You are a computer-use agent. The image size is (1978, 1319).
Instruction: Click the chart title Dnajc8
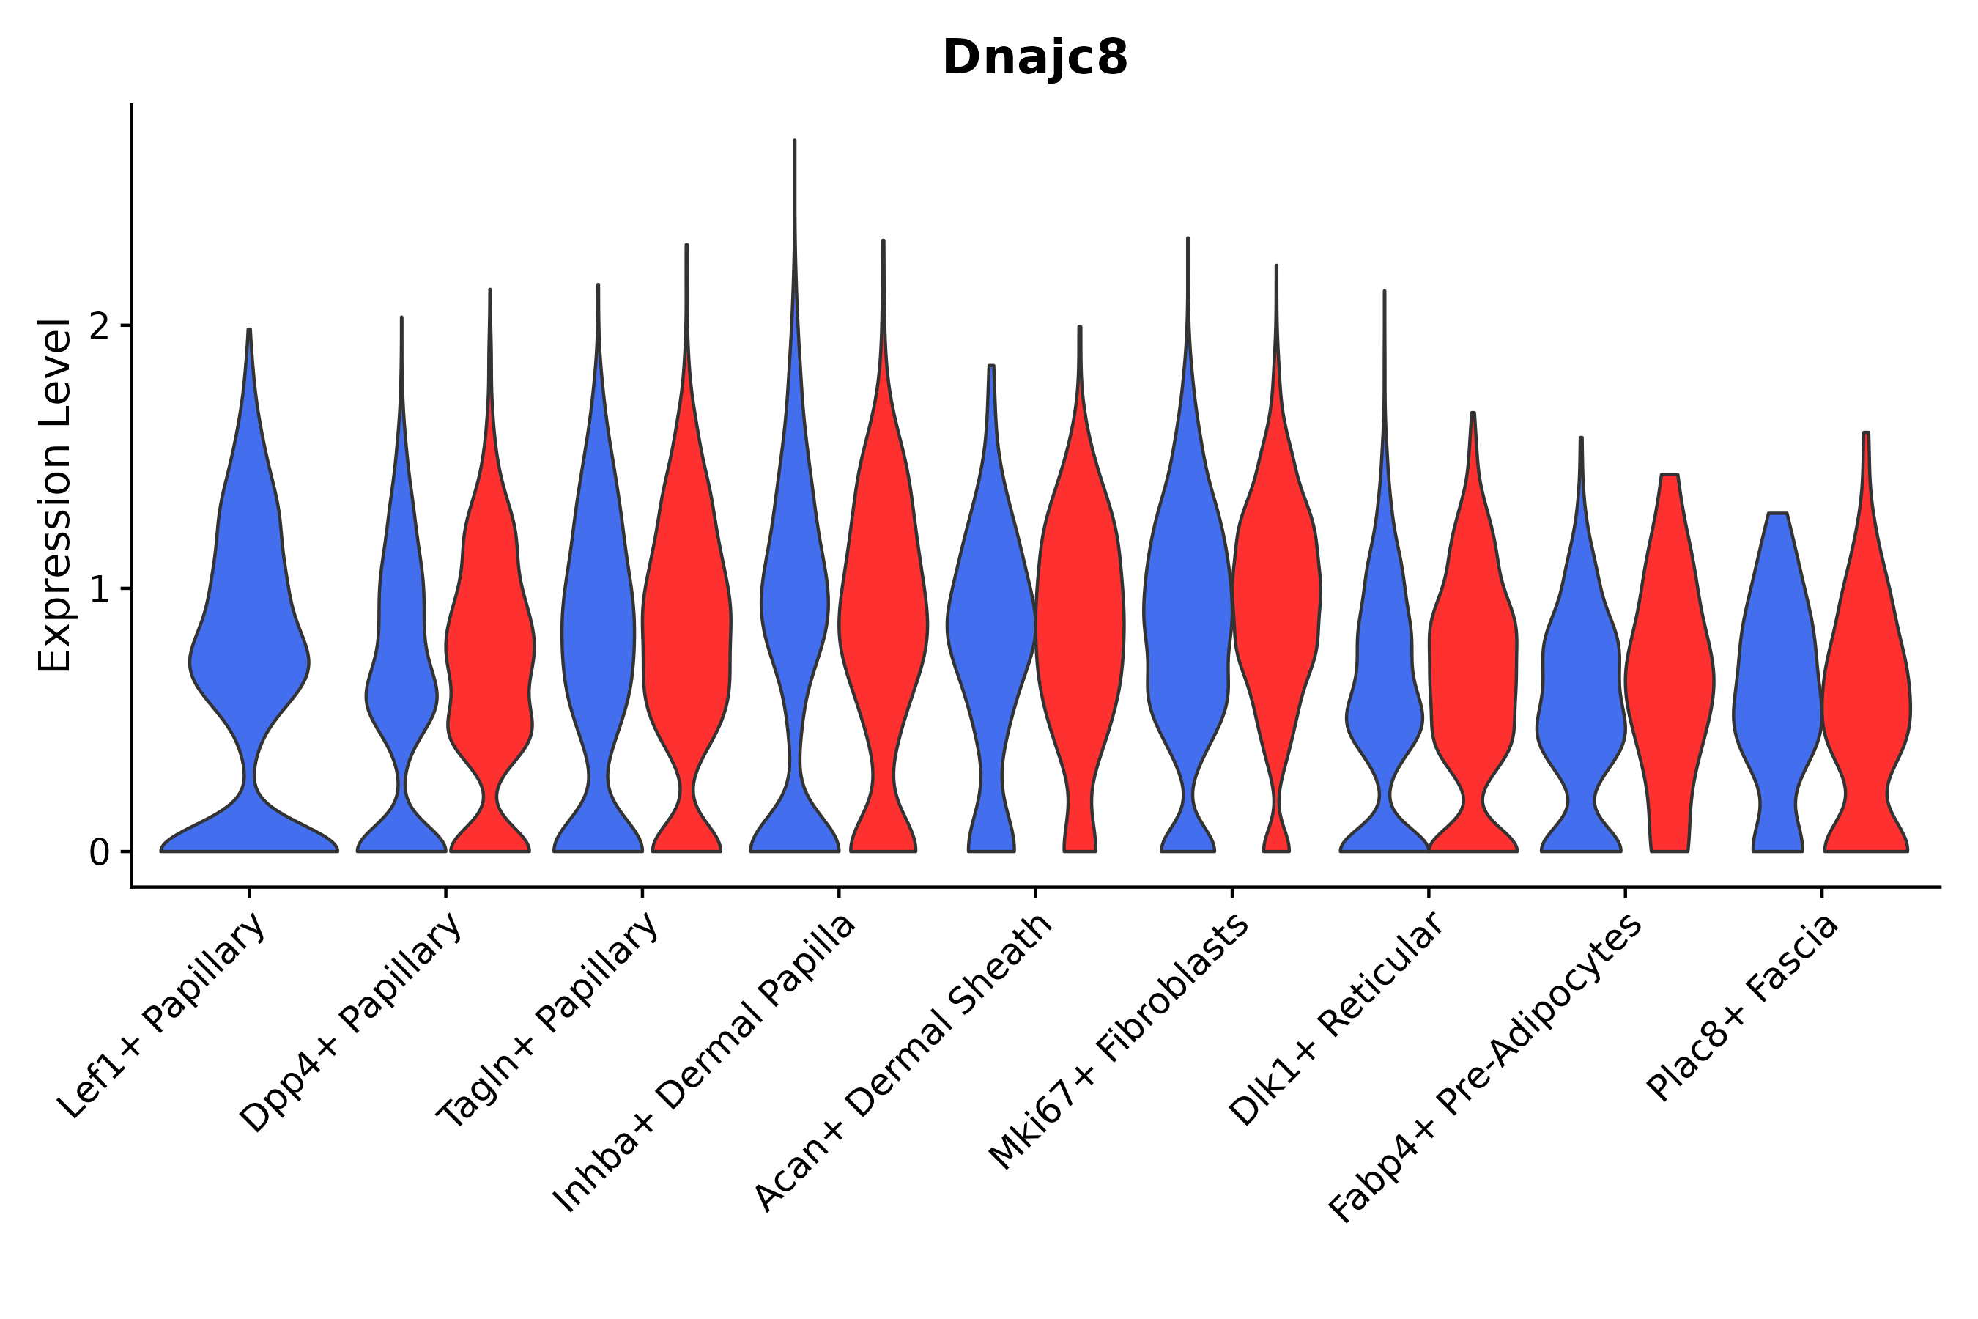1034,57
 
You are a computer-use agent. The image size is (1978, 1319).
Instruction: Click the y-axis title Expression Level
55,495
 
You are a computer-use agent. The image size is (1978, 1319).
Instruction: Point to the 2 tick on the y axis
99,326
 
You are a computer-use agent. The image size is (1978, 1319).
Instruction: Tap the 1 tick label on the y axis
99,590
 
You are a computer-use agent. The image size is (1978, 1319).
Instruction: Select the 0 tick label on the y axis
99,853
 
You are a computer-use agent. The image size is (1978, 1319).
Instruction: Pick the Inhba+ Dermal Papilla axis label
705,1063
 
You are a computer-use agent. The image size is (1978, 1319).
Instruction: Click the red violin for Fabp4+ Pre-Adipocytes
1670,673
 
